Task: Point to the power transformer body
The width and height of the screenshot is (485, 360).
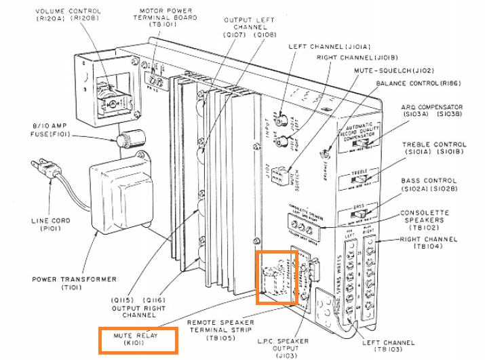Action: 122,197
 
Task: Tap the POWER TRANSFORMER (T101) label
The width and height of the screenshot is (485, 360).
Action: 74,283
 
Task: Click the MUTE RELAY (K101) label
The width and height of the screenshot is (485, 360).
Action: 138,340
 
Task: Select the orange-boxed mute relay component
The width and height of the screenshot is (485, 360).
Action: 276,277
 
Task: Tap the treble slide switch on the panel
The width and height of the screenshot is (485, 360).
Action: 366,175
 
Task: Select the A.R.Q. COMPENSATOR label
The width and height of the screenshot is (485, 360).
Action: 441,111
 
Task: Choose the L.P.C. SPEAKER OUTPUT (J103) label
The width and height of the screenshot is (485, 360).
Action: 300,346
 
